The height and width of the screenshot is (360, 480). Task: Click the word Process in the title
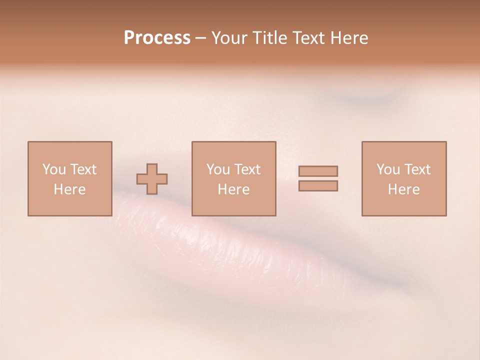click(x=157, y=38)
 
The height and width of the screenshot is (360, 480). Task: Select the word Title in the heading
click(x=270, y=38)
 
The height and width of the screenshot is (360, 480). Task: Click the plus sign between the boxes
click(x=152, y=179)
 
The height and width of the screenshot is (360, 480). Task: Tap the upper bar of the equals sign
click(x=318, y=171)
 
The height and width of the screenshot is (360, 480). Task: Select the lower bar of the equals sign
click(x=318, y=185)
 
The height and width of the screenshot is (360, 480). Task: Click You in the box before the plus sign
click(x=54, y=169)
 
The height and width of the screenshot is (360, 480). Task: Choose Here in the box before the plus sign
click(x=69, y=189)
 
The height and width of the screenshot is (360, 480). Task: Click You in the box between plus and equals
click(x=218, y=169)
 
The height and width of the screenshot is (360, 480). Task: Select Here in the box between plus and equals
click(x=233, y=189)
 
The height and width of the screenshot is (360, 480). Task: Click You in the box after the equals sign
click(x=388, y=169)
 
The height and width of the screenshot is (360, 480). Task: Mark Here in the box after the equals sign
click(x=403, y=189)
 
